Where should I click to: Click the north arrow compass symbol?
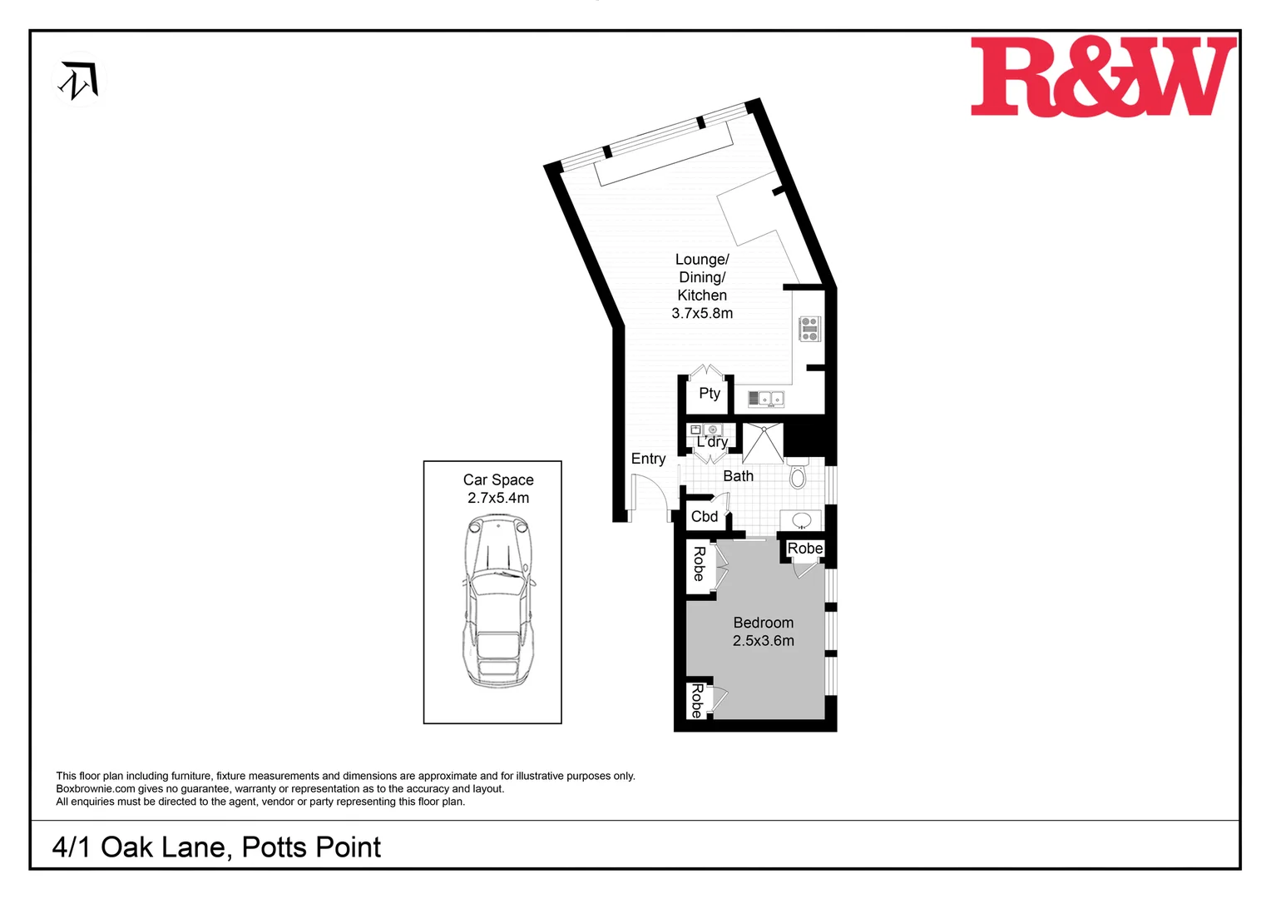79,81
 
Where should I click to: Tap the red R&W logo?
1103,77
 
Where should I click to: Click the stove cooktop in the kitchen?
809,329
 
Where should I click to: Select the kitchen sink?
766,399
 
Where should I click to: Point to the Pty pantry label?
710,393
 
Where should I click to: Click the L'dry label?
712,442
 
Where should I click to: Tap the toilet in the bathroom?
798,475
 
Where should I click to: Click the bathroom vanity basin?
801,521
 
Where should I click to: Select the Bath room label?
738,476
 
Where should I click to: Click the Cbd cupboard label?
705,516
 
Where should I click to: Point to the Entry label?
648,459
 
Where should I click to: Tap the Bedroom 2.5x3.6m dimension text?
763,641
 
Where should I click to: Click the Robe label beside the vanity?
804,549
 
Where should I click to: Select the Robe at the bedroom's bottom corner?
697,701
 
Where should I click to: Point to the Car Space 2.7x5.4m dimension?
498,498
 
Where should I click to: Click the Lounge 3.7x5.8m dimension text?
702,313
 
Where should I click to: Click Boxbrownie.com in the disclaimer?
95,789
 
